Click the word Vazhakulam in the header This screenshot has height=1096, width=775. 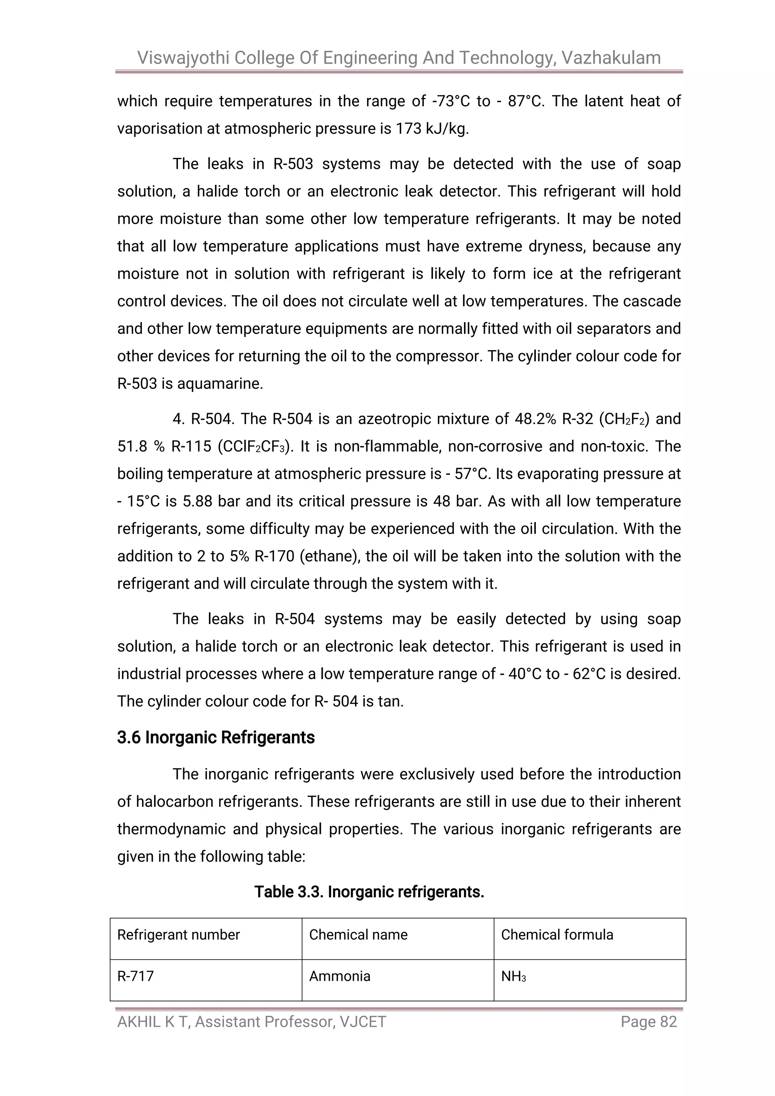click(x=611, y=58)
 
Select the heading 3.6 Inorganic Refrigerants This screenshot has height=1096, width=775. click(x=216, y=737)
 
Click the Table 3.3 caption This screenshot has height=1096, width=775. click(x=369, y=892)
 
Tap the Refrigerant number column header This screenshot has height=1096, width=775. click(x=179, y=935)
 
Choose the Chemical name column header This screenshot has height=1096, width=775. click(x=358, y=935)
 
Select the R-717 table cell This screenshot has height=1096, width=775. click(x=135, y=976)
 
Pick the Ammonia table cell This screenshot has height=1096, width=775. click(x=339, y=976)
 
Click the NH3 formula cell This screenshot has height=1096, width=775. click(x=513, y=977)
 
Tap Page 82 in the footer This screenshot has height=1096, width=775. click(x=649, y=1021)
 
